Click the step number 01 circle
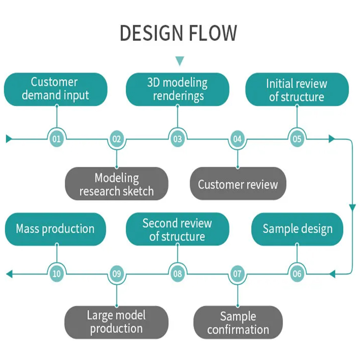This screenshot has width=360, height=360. [x=57, y=139]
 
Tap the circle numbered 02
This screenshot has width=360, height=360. [x=117, y=139]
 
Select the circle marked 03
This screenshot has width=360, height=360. [x=178, y=139]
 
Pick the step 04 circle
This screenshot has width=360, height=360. [x=237, y=139]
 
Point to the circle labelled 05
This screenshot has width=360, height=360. [x=297, y=139]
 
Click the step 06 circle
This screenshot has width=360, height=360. [x=297, y=274]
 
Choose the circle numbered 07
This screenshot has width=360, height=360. [x=237, y=274]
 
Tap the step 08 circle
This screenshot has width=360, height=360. [x=178, y=274]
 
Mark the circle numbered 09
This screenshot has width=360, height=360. [x=117, y=274]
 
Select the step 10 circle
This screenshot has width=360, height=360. [x=57, y=274]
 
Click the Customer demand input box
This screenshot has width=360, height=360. [x=56, y=89]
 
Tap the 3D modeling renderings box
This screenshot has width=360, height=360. [x=178, y=89]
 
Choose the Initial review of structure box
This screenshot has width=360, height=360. [x=297, y=90]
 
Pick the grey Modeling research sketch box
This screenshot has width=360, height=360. [x=117, y=184]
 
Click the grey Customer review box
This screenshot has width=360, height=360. [x=238, y=184]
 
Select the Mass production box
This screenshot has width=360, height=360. [x=56, y=228]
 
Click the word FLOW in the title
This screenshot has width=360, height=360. [x=212, y=33]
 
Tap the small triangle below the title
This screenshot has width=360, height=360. [x=180, y=61]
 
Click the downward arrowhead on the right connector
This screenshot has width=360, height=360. [x=352, y=208]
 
